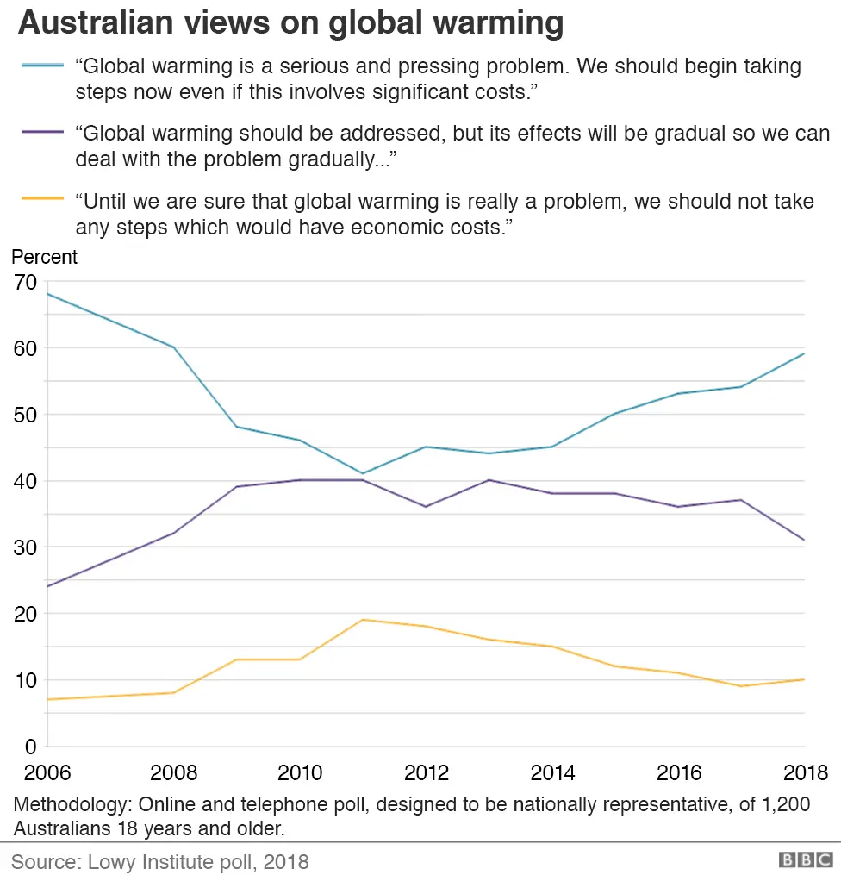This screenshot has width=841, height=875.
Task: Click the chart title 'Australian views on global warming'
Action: coord(291,23)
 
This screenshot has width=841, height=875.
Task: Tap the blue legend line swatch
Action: coord(41,66)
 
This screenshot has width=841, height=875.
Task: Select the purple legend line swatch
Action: coord(41,132)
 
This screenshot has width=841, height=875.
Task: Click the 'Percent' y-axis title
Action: coord(44,257)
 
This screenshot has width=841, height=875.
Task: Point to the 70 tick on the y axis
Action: coord(25,282)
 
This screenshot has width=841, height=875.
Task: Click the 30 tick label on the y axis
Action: coord(25,547)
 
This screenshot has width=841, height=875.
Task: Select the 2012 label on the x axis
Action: coord(427,772)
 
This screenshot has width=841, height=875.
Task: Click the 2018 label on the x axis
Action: coord(805,772)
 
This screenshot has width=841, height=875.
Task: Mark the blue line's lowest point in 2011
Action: coord(363,473)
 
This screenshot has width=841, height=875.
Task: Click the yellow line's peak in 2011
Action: coord(363,620)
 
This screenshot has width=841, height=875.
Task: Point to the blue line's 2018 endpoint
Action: coord(804,353)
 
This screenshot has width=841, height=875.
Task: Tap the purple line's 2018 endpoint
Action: coord(804,540)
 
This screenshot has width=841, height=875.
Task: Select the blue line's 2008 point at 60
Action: coord(174,347)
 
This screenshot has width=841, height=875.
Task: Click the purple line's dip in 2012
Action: coord(426,506)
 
